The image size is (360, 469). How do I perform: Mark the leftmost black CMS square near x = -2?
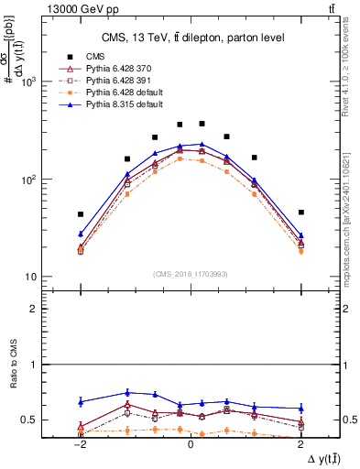click(x=81, y=214)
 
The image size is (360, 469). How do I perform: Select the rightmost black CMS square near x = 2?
click(x=300, y=213)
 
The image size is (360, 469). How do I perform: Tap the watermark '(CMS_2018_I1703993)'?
click(x=191, y=275)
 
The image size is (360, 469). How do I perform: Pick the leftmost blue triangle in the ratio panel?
click(x=81, y=401)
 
